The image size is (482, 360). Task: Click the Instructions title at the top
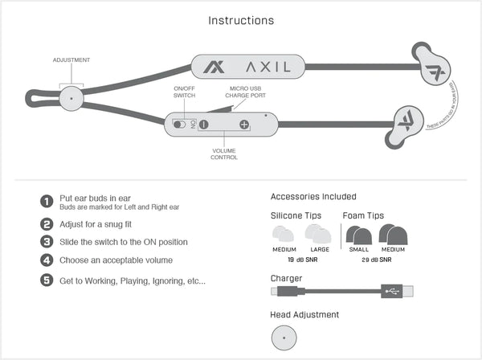(x=241, y=20)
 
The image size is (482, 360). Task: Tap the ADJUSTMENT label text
(x=71, y=60)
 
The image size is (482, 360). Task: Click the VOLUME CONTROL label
(x=223, y=154)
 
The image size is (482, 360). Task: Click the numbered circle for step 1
(x=47, y=202)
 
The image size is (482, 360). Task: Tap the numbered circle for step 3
(x=47, y=242)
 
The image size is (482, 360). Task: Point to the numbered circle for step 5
(x=47, y=280)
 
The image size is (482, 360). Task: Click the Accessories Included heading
(x=313, y=197)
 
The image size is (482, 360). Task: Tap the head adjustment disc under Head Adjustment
(x=284, y=338)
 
